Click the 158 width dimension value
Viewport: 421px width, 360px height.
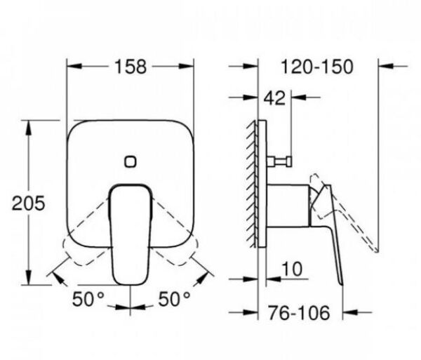pyautogui.click(x=130, y=67)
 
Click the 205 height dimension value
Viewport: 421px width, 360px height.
pyautogui.click(x=29, y=203)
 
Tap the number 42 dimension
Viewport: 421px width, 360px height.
pyautogui.click(x=275, y=98)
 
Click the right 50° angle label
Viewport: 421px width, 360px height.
pyautogui.click(x=172, y=299)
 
